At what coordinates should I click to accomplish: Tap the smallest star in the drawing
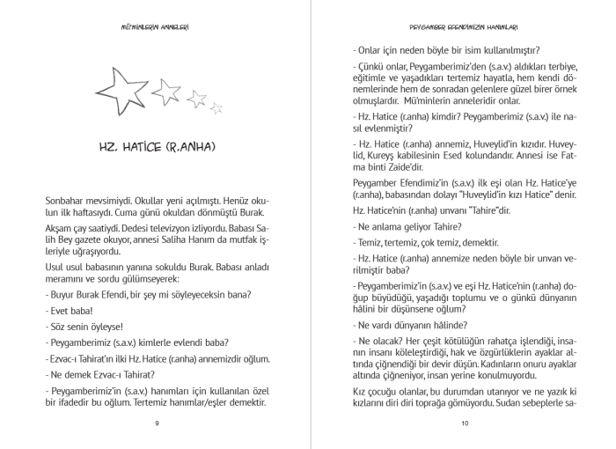[x=216, y=108]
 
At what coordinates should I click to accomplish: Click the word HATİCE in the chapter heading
[x=158, y=145]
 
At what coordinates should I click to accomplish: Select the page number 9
[x=157, y=423]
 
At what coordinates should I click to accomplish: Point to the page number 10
[x=464, y=423]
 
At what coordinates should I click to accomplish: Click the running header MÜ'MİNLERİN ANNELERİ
[x=154, y=26]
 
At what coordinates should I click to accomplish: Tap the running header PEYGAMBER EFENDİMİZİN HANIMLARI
[x=464, y=26]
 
